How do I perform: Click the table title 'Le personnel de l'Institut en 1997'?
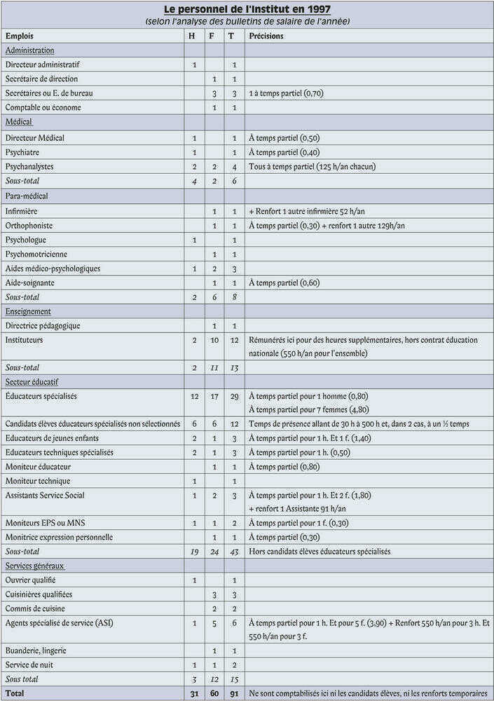click(x=247, y=10)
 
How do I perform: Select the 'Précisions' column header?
click(x=266, y=36)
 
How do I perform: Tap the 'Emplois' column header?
click(x=20, y=36)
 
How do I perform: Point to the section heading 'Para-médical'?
click(x=27, y=196)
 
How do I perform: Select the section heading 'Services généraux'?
click(x=35, y=565)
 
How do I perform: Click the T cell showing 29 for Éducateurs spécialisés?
click(x=233, y=396)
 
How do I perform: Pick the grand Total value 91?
click(x=233, y=693)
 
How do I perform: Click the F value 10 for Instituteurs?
click(x=214, y=340)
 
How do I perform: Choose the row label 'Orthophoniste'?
click(x=29, y=226)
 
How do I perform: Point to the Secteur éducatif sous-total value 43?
click(x=233, y=552)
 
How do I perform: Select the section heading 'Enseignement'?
click(x=28, y=311)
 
